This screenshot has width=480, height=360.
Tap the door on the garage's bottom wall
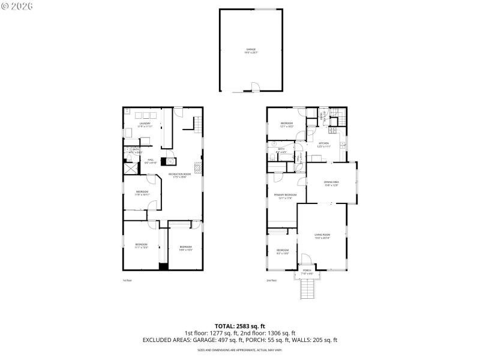(x=254, y=88)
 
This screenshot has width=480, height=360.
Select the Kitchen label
(x=323, y=145)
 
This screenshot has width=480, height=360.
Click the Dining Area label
(x=331, y=184)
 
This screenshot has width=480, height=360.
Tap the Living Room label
(x=322, y=236)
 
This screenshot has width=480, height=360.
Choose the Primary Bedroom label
(x=285, y=196)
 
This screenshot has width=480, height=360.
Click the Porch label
(x=307, y=272)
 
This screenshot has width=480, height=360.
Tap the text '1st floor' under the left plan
(x=127, y=280)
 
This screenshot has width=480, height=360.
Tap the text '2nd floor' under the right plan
(x=272, y=280)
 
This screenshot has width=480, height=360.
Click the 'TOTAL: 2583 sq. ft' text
(x=240, y=326)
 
